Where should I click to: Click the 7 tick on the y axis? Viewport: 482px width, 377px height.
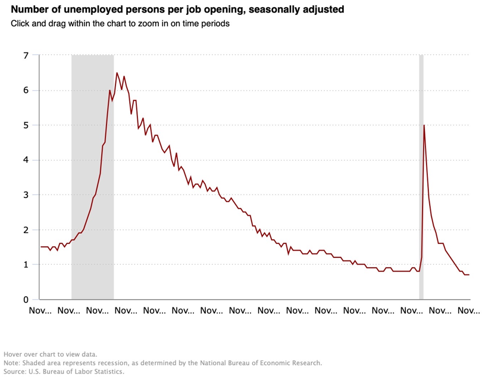click(26, 56)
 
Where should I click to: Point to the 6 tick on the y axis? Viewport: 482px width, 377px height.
click(26, 90)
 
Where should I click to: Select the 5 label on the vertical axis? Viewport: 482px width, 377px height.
click(26, 125)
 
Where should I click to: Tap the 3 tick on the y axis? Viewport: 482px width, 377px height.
click(26, 195)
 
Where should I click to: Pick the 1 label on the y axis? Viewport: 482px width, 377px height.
click(26, 265)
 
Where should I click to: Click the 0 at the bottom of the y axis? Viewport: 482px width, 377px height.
click(26, 300)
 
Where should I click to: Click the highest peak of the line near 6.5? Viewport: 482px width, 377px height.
click(117, 73)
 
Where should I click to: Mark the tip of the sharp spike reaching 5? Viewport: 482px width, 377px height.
click(424, 125)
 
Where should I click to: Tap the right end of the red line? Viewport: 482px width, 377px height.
click(469, 275)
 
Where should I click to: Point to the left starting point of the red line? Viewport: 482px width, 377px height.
click(41, 247)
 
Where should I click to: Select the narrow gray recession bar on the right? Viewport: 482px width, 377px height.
click(421, 178)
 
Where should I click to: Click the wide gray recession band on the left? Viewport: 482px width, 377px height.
click(92, 178)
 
